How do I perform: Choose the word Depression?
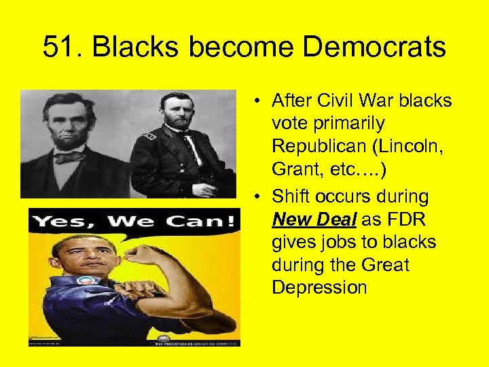[319, 287]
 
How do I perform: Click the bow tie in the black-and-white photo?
[69, 158]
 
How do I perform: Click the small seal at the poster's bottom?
[165, 338]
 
